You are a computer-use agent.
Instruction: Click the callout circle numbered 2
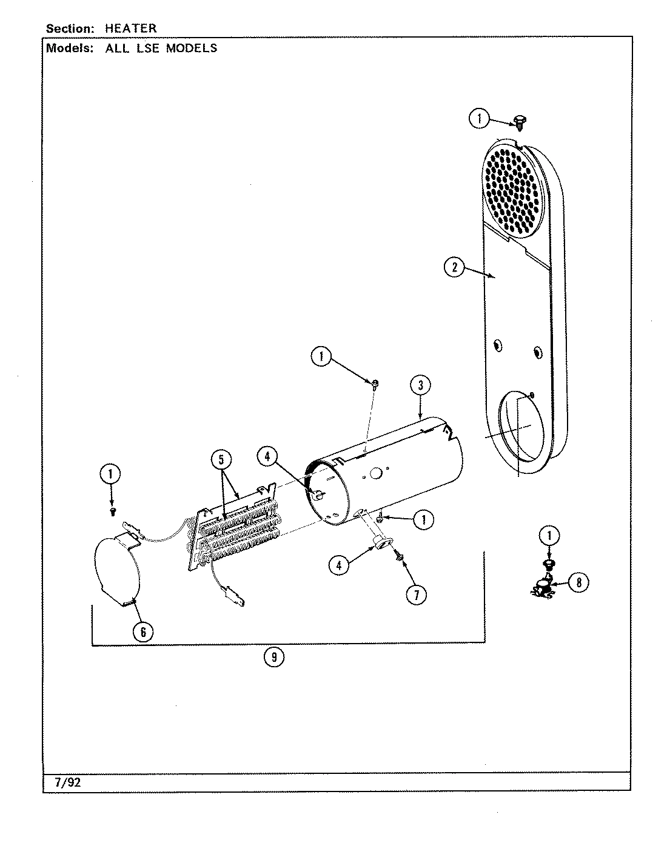click(x=455, y=267)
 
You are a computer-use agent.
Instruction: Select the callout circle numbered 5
click(x=222, y=459)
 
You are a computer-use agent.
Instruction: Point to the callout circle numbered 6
click(x=142, y=631)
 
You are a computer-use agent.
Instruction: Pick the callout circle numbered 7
click(x=417, y=595)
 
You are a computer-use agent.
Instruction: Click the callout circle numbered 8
click(x=579, y=583)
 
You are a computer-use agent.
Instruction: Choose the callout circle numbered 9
click(x=274, y=657)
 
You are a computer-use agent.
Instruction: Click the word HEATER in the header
click(x=131, y=28)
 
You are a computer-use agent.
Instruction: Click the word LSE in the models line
click(x=146, y=48)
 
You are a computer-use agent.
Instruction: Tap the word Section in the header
click(x=69, y=28)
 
